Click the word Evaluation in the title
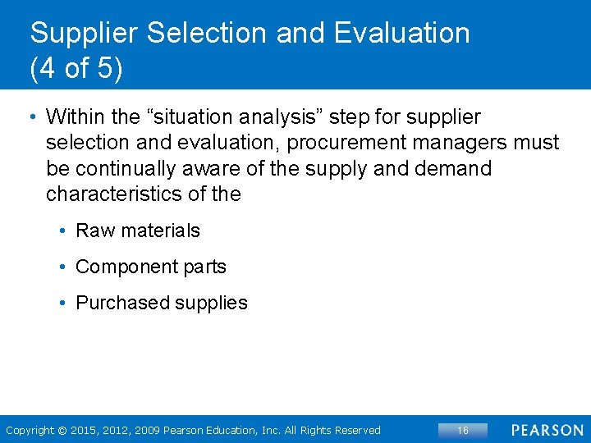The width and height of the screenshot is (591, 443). tap(402, 33)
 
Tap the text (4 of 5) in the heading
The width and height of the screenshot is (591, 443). tap(76, 68)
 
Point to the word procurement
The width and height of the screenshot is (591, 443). tap(350, 143)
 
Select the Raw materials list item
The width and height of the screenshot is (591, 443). tap(137, 231)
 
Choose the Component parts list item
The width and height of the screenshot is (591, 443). tap(150, 267)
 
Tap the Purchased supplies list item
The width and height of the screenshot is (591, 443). tap(161, 303)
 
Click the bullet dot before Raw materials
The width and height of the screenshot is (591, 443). tap(63, 231)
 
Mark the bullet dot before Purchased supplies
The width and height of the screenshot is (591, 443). tap(63, 303)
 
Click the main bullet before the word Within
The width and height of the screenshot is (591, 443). tap(34, 117)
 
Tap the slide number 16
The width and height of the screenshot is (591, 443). tap(462, 431)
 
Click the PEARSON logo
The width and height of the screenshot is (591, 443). tap(547, 431)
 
